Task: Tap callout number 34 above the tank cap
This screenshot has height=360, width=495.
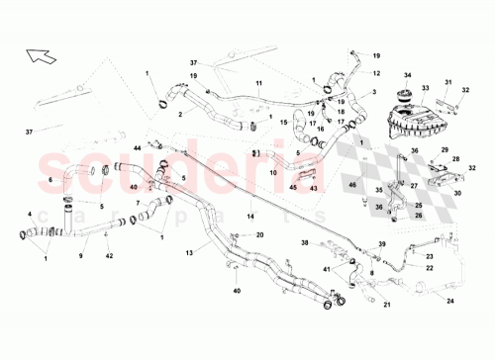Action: [406, 74]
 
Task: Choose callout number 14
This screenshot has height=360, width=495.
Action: [251, 215]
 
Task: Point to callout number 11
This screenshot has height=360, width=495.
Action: [258, 82]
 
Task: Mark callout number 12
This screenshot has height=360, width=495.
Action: [376, 73]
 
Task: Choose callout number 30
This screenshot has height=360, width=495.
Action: [458, 195]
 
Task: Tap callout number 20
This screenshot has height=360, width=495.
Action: [260, 235]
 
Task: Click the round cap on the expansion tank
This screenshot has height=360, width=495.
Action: [405, 97]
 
